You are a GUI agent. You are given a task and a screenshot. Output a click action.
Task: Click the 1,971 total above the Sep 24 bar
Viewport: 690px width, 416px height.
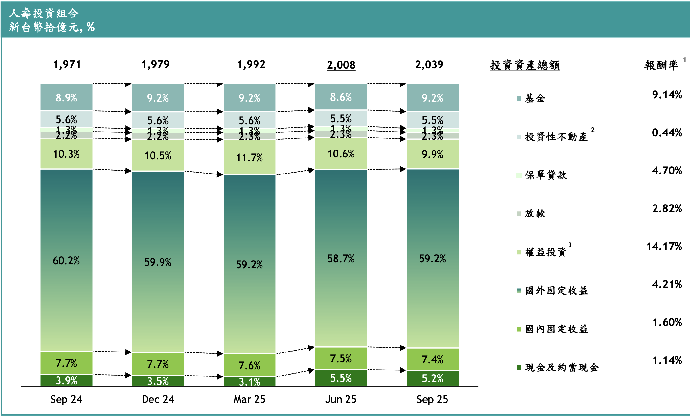(67, 64)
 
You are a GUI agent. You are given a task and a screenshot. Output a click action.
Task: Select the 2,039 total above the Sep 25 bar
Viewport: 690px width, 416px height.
(429, 64)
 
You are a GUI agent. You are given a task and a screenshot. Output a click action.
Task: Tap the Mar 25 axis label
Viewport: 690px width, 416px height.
(249, 399)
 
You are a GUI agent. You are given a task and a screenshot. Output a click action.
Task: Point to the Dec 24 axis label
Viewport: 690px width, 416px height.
(158, 399)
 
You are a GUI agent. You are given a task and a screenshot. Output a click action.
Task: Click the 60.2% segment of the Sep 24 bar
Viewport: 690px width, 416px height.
(66, 260)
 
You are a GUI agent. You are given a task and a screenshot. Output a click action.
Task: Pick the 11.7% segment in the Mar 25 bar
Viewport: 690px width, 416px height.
(250, 157)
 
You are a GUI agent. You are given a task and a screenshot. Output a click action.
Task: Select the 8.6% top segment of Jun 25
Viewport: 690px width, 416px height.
(341, 97)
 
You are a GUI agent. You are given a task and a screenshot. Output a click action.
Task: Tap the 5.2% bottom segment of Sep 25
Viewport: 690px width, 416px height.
(432, 378)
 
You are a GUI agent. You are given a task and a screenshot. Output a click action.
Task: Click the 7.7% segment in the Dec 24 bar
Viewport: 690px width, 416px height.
(158, 364)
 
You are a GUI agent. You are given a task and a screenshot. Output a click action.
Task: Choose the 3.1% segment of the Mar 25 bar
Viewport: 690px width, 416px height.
(250, 382)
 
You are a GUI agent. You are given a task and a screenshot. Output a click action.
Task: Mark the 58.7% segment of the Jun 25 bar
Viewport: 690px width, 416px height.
(341, 259)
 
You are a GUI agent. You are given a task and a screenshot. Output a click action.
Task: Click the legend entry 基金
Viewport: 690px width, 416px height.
(535, 98)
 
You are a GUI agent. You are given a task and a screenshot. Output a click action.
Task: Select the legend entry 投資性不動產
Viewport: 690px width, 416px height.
(556, 137)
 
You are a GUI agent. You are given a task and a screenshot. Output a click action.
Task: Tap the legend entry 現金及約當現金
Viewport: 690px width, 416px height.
(562, 367)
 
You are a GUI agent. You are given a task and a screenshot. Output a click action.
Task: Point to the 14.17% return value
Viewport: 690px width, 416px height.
(664, 246)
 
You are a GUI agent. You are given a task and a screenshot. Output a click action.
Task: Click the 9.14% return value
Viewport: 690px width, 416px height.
(667, 95)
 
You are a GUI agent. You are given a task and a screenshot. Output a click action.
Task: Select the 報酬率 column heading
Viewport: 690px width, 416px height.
(661, 65)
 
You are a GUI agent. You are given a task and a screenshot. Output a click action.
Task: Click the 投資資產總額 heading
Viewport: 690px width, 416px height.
(525, 65)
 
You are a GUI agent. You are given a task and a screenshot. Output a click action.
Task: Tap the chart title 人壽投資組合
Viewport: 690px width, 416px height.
(44, 13)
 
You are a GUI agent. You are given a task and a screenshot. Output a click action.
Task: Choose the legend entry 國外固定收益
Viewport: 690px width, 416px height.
(556, 291)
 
